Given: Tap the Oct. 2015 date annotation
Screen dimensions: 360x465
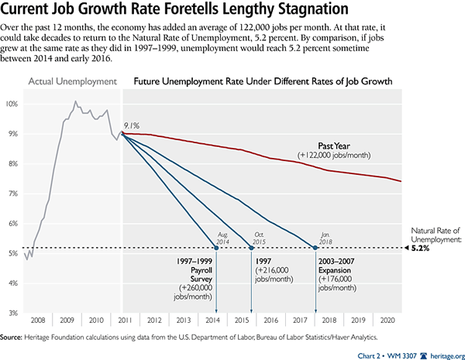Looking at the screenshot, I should tap(260, 236).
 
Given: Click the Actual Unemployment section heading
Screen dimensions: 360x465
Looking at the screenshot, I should tap(73, 81).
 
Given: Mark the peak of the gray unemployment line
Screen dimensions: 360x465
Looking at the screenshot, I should tap(75, 101).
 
